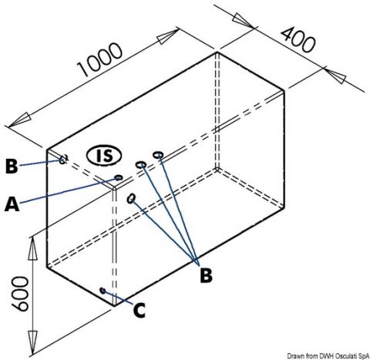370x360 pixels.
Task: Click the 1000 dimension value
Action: click(x=100, y=59)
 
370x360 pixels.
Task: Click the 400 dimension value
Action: click(x=298, y=41)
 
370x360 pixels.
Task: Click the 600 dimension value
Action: click(x=21, y=294)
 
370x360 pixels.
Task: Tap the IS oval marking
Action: click(x=104, y=156)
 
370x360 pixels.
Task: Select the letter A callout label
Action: click(x=12, y=204)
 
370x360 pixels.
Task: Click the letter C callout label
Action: click(x=140, y=310)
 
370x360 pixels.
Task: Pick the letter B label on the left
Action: click(x=12, y=166)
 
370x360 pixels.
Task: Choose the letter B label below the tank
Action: click(x=206, y=275)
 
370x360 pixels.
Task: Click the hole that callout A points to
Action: click(x=118, y=177)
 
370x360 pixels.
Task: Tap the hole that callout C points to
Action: click(x=103, y=291)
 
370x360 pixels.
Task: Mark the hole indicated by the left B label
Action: click(x=62, y=160)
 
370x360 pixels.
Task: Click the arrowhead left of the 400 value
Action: click(x=243, y=21)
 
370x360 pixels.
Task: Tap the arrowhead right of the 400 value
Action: click(x=336, y=76)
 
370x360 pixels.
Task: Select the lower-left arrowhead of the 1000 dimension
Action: click(x=19, y=120)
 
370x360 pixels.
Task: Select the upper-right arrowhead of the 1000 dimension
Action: click(x=168, y=36)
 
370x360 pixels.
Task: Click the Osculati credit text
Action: click(x=328, y=355)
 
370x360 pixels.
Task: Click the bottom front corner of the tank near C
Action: click(x=114, y=306)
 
